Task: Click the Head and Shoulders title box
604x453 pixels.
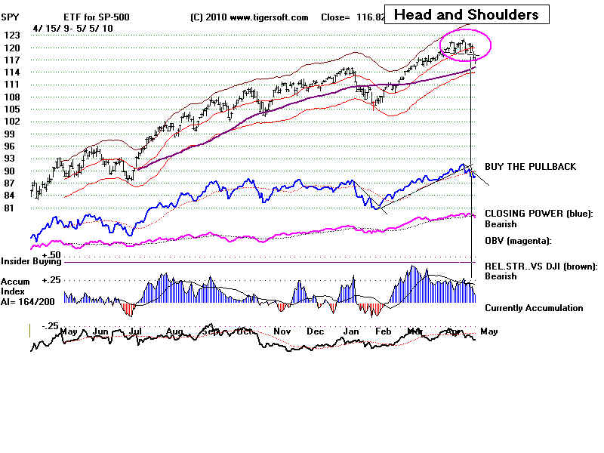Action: tap(467, 14)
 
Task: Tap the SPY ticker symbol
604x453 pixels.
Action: tap(11, 16)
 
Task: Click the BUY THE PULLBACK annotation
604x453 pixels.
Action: tap(531, 166)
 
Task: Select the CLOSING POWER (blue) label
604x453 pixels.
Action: tap(539, 214)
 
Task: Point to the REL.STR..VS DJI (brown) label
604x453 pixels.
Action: tap(541, 266)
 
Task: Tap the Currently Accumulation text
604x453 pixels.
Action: tap(534, 308)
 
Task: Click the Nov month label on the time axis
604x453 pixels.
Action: tap(282, 331)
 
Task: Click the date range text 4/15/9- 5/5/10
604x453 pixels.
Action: tap(73, 27)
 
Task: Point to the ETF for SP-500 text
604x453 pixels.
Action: tap(97, 17)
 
